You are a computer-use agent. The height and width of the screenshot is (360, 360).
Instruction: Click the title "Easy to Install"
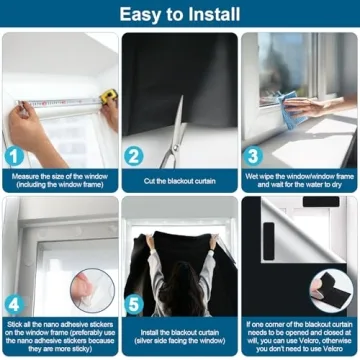180,14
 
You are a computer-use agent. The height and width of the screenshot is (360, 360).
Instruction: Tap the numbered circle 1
15,155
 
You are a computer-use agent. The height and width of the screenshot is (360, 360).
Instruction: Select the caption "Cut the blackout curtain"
180,181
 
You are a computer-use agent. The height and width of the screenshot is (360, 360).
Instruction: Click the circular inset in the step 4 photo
92,291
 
